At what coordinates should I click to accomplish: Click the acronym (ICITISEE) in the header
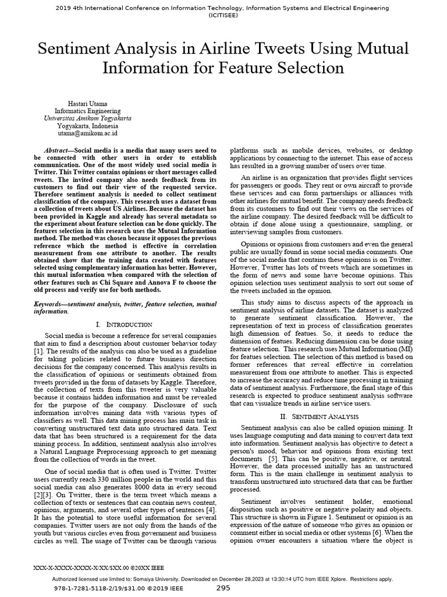(223, 17)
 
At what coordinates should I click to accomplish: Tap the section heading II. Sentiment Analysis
(321, 416)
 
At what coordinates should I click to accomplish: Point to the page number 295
(223, 588)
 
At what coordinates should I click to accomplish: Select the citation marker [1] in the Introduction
(38, 352)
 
